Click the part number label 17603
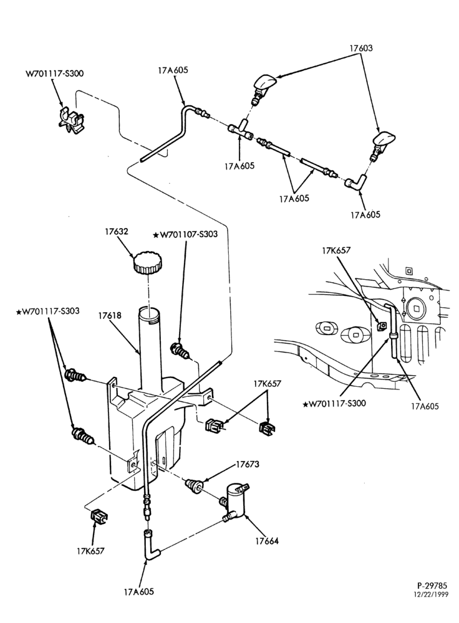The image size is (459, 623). (x=361, y=48)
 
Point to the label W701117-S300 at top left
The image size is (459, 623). (x=54, y=74)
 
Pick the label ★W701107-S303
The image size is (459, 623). (x=185, y=234)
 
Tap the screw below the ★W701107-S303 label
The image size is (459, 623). (x=180, y=351)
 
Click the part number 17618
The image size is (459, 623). (x=110, y=316)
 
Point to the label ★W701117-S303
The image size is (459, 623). (x=48, y=311)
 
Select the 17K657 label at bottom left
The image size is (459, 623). (x=90, y=551)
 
